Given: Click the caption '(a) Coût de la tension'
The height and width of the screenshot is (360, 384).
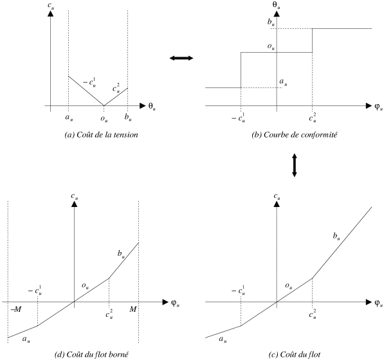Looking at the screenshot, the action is pos(101,135).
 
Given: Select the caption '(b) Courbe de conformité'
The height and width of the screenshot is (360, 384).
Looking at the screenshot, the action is pos(295,135).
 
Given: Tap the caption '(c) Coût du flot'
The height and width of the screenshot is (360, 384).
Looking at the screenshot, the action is pos(295,354).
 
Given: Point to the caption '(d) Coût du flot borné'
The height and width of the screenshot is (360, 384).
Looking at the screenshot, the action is pos(91,354).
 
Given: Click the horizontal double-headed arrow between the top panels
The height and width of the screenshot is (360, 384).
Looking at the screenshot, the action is pos(181,58).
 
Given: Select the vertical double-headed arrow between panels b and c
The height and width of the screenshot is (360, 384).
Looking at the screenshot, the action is pos(295,165).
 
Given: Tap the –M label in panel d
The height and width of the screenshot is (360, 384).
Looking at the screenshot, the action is pos(16,309).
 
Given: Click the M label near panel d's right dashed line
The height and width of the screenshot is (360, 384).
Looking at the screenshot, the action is pos(133,309).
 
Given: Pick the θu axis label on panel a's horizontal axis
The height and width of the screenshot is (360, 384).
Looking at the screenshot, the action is pos(152,107).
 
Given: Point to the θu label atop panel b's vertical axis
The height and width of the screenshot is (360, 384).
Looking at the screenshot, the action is pos(277,5).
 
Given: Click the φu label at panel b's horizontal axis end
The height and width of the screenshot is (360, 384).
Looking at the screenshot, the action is pos(378,107).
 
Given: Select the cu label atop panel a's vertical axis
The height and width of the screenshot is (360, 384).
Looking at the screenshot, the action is pos(51,6).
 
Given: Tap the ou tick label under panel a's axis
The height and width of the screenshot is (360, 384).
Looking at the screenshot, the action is pos(104,119).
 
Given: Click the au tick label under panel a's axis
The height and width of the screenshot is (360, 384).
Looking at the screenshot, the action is pos(69,118).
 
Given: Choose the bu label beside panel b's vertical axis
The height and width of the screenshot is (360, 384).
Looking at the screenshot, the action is pos(271,22).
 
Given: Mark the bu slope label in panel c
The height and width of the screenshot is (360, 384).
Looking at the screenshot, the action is pos(336,236).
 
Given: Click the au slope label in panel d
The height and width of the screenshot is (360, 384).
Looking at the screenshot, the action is pos(26,339).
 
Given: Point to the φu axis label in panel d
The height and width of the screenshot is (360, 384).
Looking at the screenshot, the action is pos(176,303).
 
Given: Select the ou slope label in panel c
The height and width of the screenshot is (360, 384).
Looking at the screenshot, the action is pos(289,286).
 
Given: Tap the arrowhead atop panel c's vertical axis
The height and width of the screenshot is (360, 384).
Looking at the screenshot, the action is pos(277,204).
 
